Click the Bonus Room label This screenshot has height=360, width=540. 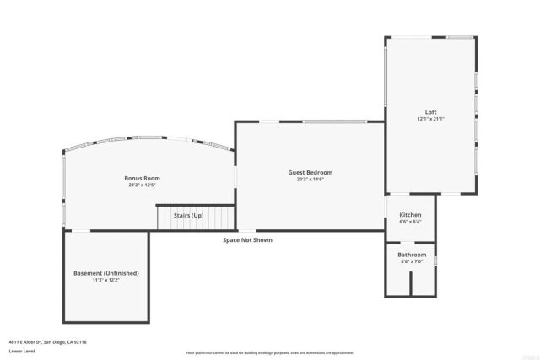click(x=142, y=178)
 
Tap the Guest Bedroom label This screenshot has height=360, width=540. click(x=310, y=172)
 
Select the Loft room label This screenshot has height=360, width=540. click(x=430, y=112)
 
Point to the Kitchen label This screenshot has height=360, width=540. click(x=410, y=215)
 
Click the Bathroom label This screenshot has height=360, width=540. click(x=413, y=255)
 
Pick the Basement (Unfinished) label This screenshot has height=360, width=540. click(x=106, y=273)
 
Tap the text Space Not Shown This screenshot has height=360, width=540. click(x=247, y=240)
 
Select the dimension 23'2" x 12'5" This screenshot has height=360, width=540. click(x=142, y=185)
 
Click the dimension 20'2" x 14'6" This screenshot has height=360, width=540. click(x=310, y=179)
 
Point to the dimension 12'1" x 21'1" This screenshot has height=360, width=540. click(x=430, y=119)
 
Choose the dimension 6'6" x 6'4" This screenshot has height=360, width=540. click(x=410, y=222)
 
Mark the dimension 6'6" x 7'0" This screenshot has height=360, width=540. click(x=413, y=261)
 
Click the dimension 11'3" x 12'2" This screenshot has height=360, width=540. click(x=106, y=280)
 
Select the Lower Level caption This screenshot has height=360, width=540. click(x=21, y=351)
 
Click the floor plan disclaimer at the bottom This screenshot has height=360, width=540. click(x=270, y=353)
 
